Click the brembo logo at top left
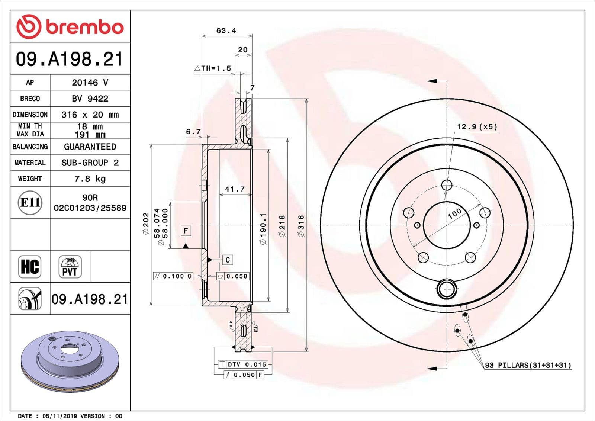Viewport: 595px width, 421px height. [70, 27]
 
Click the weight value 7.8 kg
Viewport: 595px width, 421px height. [90, 179]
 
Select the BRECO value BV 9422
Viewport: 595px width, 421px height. [90, 99]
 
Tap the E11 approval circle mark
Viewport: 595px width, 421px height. [30, 203]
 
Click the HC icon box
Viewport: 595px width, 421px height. [30, 267]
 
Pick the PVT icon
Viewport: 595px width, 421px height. [70, 267]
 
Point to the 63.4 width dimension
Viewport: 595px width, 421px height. [226, 31]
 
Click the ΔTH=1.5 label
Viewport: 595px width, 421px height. [213, 68]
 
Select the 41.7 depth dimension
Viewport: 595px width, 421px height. [235, 189]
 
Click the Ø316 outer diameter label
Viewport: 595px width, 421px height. [301, 225]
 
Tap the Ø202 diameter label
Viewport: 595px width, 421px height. [145, 223]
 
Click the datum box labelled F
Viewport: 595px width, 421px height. [186, 231]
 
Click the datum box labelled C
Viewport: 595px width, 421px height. [228, 260]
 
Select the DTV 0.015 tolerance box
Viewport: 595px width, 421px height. [242, 364]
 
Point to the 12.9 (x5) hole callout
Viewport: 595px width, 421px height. [477, 127]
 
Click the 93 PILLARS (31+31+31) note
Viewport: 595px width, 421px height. [528, 365]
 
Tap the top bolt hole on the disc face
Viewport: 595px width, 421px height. [447, 185]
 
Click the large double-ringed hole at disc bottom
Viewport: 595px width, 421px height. [447, 289]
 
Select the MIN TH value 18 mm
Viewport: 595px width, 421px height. [90, 126]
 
